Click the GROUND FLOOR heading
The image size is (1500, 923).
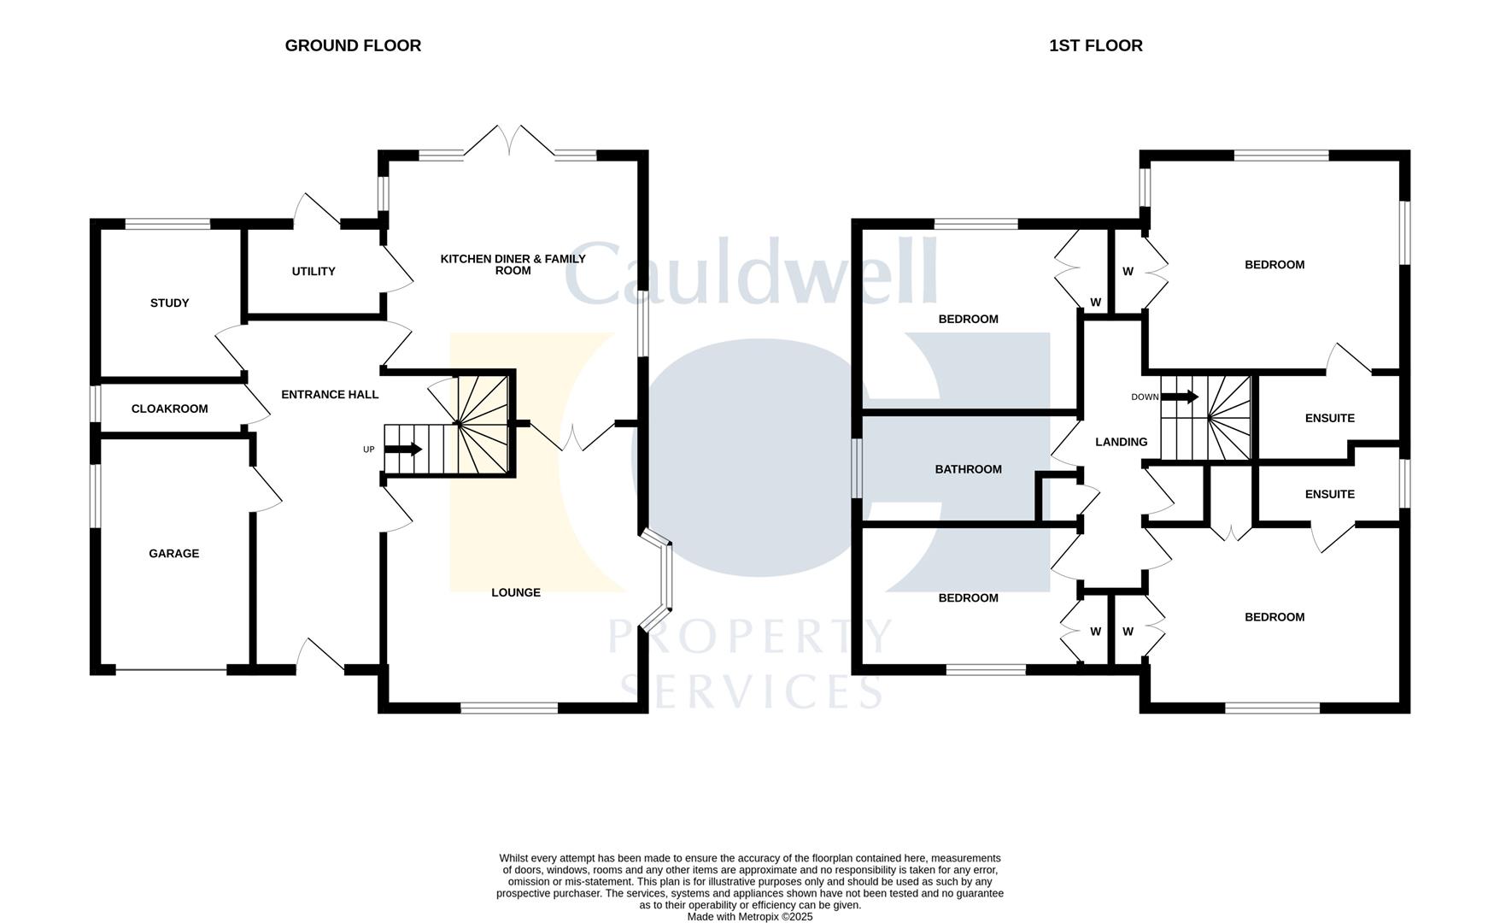tap(353, 45)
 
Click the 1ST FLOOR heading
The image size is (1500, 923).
tap(1095, 45)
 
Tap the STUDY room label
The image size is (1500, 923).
tap(169, 303)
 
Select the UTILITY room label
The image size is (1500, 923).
tap(313, 272)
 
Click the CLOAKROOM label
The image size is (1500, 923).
tap(169, 409)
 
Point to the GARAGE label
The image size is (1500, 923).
tap(173, 554)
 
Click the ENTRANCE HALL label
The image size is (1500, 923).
tap(330, 395)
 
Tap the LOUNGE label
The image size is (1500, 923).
tap(515, 592)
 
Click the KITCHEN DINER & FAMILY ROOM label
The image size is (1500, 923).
tap(513, 264)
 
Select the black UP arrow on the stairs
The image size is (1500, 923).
tap(403, 450)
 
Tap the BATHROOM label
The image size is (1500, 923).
tap(968, 469)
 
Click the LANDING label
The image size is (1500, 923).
tap(1121, 442)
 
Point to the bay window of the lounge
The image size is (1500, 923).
tap(659, 581)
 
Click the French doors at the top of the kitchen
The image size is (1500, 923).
tap(510, 141)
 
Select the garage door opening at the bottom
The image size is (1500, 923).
tap(171, 669)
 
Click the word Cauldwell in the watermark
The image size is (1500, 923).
tap(752, 273)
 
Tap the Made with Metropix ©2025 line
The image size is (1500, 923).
tap(749, 917)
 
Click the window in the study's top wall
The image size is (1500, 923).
tap(167, 225)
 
